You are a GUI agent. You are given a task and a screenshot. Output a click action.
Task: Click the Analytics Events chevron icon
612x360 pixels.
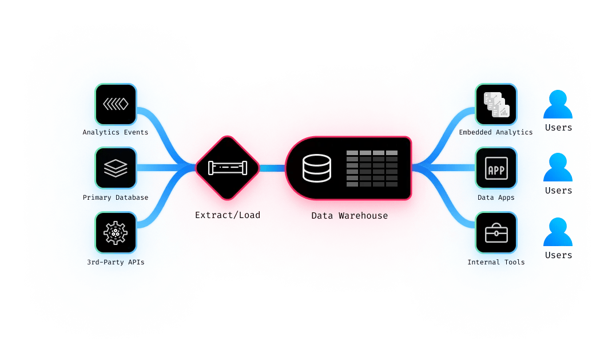(116, 105)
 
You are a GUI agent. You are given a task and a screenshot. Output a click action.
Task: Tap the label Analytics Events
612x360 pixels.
(116, 132)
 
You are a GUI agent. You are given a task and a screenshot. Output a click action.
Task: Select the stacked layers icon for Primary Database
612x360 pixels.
(116, 168)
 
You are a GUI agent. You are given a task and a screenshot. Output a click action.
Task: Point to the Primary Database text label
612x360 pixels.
(116, 197)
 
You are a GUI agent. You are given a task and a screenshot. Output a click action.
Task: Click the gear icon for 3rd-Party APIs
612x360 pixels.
(116, 233)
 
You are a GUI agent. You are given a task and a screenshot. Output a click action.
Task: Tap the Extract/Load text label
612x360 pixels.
(228, 215)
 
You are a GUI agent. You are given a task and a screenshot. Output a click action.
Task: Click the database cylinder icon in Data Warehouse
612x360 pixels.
(316, 168)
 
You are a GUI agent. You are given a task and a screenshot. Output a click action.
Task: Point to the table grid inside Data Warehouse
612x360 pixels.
(372, 168)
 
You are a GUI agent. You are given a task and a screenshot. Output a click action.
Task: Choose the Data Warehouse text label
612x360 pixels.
(349, 216)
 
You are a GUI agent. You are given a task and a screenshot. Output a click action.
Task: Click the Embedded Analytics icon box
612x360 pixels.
(496, 105)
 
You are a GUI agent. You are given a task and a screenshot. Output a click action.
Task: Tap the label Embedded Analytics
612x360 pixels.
(496, 132)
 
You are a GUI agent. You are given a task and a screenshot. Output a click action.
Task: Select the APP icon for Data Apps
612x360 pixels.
(496, 169)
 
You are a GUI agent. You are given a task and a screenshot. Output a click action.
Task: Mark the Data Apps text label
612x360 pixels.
(496, 197)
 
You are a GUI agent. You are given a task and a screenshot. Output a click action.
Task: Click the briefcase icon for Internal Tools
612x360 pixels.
(496, 233)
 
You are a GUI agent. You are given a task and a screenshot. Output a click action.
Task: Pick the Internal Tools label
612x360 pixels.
(496, 262)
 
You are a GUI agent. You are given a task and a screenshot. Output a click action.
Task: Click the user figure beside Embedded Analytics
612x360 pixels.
(558, 105)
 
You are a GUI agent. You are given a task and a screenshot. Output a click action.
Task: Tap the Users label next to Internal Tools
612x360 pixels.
(558, 255)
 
